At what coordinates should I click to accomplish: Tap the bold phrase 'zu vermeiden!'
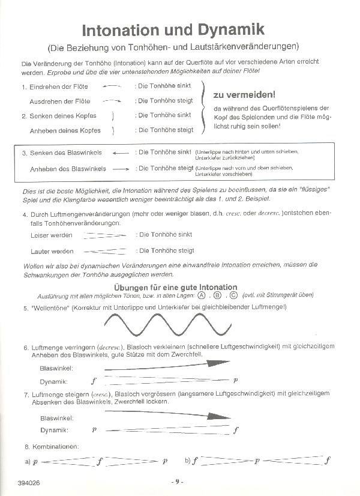coord(244,94)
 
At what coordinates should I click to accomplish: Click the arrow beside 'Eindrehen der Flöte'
coord(112,86)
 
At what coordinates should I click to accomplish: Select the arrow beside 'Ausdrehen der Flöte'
coord(112,101)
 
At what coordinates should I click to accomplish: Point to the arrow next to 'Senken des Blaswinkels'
coord(121,153)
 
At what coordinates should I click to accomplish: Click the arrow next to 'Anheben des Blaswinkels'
coord(121,169)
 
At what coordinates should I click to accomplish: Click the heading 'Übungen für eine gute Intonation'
coord(175,287)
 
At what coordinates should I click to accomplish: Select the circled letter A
coord(202,295)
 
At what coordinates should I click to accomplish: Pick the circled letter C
coord(233,295)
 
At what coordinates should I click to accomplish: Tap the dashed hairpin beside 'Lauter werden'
coord(106,251)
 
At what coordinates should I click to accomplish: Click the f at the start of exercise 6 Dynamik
coord(93,381)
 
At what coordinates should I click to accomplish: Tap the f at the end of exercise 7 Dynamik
coord(236,430)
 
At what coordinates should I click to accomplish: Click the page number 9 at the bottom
coord(177,482)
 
